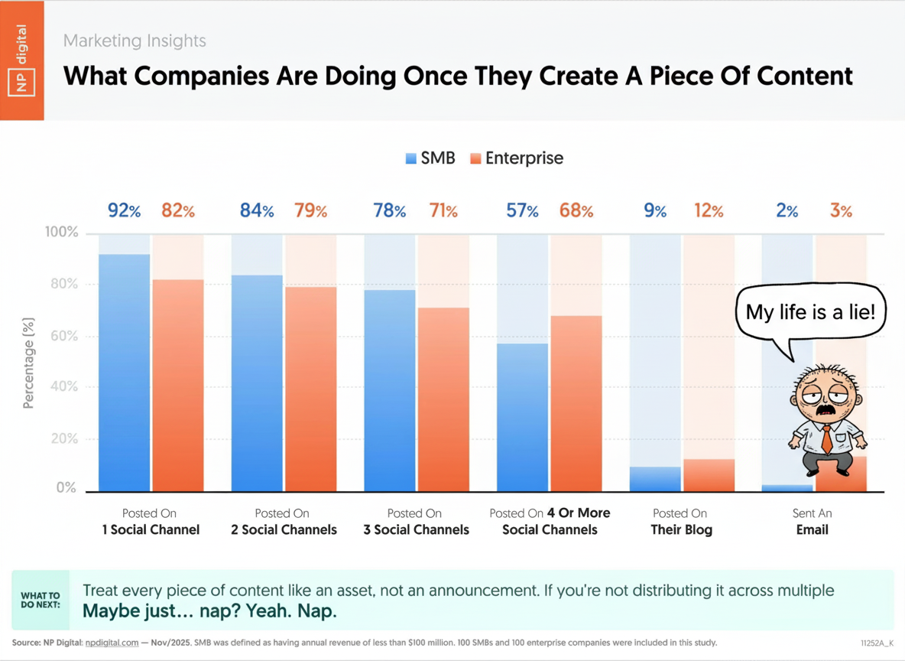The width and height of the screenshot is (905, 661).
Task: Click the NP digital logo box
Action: [21, 60]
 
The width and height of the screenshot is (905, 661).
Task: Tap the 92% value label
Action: [124, 211]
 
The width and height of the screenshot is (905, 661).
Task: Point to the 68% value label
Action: [576, 211]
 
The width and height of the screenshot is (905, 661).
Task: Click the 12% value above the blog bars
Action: [708, 211]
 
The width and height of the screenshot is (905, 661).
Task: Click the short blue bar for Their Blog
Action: [655, 479]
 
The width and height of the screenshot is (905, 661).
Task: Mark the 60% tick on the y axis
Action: [63, 337]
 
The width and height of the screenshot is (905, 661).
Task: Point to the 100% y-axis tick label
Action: [61, 233]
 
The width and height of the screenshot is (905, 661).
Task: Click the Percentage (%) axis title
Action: [29, 363]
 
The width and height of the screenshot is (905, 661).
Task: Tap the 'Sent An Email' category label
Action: [812, 522]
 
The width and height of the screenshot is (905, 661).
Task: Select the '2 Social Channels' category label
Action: [284, 522]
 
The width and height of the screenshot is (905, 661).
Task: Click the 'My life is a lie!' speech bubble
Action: [811, 312]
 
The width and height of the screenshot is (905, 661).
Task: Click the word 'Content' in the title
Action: [804, 76]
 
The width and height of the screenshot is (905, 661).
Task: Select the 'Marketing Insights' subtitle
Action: [135, 41]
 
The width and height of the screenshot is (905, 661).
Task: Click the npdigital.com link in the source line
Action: [112, 643]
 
